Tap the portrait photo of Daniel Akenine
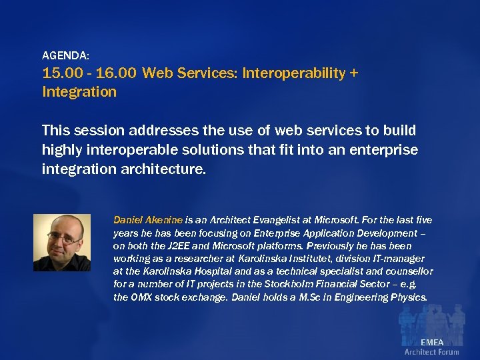click(x=61, y=242)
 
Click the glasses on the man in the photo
click(x=63, y=236)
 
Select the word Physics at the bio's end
click(x=408, y=297)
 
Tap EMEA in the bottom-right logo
click(x=431, y=342)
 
